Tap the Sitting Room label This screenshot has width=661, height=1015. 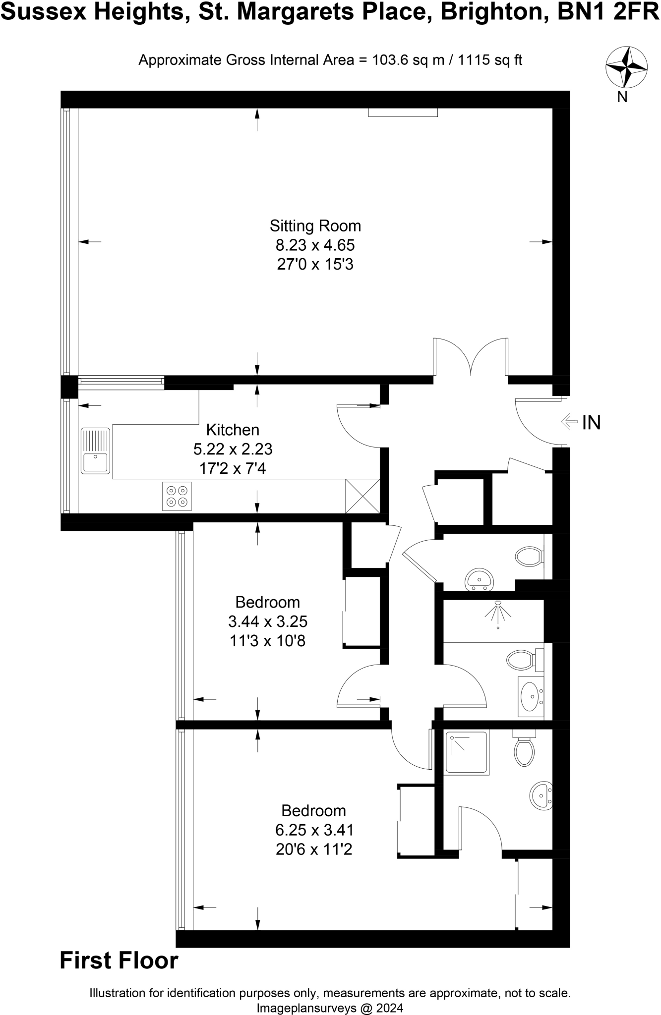click(x=315, y=226)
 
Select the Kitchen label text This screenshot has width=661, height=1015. click(x=233, y=429)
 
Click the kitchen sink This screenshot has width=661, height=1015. click(x=95, y=451)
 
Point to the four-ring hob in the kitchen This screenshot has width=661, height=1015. click(x=177, y=496)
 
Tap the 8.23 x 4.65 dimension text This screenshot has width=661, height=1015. click(x=315, y=245)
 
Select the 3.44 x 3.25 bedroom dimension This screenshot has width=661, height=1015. click(x=268, y=621)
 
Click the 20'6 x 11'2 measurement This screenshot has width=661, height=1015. click(x=314, y=849)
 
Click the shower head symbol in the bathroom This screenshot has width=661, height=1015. click(x=498, y=613)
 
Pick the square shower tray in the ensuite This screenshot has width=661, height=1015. click(x=466, y=752)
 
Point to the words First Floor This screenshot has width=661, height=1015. click(x=119, y=960)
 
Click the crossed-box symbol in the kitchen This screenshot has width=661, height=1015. click(x=362, y=496)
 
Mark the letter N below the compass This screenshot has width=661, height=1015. click(x=622, y=97)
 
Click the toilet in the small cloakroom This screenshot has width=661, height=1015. click(x=529, y=556)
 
